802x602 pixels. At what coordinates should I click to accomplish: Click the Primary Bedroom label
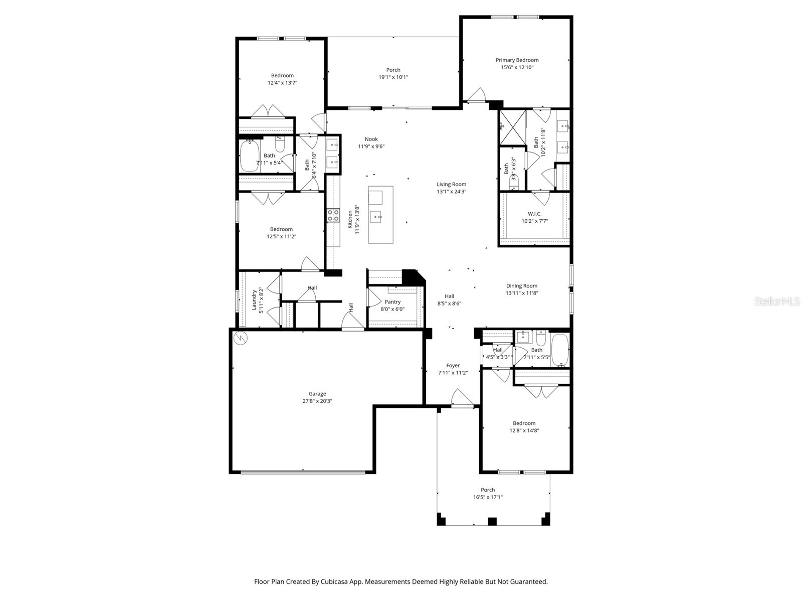(x=517, y=60)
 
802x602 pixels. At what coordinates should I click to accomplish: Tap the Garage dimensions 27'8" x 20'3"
(x=317, y=401)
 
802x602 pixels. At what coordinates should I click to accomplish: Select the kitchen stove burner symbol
(x=333, y=215)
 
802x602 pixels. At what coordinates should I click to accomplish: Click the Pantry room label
(x=392, y=302)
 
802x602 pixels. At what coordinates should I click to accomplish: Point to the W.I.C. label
(x=534, y=214)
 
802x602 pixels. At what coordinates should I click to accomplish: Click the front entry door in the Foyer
(x=462, y=399)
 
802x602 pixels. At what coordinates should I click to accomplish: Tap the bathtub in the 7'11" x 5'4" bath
(x=249, y=156)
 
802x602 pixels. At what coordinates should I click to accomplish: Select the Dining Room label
(x=521, y=286)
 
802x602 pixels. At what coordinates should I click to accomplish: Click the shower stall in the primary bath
(x=512, y=127)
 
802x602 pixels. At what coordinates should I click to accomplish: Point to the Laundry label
(x=254, y=300)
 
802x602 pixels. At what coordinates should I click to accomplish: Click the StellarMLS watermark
(x=776, y=302)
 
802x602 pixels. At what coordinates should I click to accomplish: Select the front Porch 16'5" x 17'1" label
(x=488, y=490)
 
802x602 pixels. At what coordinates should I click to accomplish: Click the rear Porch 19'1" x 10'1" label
(x=393, y=70)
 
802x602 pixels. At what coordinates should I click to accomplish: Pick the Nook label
(x=371, y=139)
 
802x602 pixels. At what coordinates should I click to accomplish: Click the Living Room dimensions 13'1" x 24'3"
(x=451, y=192)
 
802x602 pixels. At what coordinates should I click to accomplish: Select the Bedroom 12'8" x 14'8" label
(x=524, y=423)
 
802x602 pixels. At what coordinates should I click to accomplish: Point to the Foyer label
(x=453, y=366)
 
